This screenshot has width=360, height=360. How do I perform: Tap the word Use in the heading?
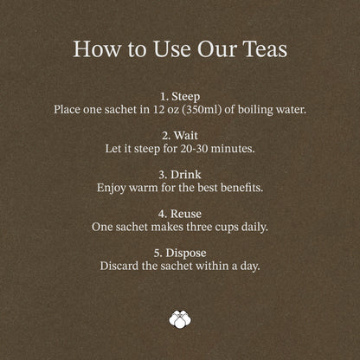[x=172, y=48]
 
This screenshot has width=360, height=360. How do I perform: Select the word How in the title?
[x=97, y=48]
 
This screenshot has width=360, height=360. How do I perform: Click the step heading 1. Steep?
[x=180, y=97]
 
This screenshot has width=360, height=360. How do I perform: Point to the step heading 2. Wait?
[x=180, y=136]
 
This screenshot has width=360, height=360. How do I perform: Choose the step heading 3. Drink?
[x=180, y=175]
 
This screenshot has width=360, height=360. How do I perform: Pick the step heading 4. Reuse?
[x=180, y=214]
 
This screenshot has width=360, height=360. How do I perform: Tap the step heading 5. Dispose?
[x=180, y=253]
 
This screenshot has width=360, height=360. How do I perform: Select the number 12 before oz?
[x=158, y=110]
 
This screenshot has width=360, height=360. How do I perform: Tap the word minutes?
[x=233, y=149]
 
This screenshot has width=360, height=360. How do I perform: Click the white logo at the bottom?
[x=180, y=319]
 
